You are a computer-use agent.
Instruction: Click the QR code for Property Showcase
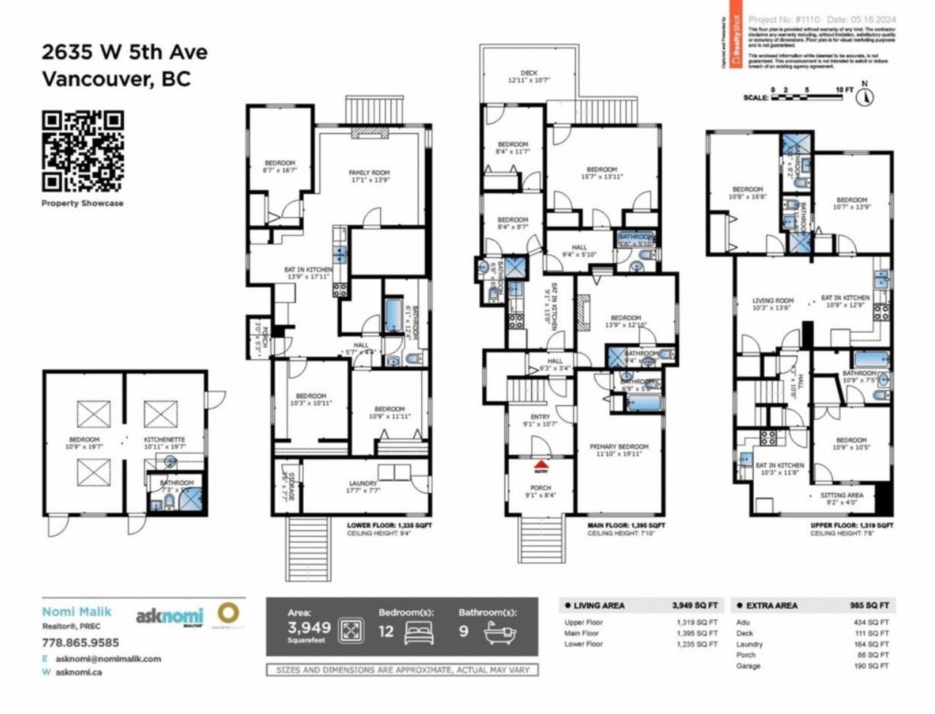coord(83,151)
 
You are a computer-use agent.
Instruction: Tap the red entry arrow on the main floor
coord(541,464)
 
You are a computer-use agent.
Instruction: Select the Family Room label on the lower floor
coord(370,173)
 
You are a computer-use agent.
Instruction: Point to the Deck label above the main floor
coord(529,73)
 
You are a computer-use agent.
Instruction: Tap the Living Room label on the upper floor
coord(773,300)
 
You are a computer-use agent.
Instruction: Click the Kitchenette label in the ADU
coord(164,440)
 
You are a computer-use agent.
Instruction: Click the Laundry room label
coord(362,483)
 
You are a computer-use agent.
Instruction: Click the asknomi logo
coord(169,616)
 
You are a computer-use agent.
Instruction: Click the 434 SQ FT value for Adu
coord(875,623)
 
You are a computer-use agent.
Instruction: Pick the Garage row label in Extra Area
coord(749,666)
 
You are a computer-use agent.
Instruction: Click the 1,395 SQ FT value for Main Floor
coord(697,634)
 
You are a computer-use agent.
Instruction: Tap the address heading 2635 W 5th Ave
coord(124,53)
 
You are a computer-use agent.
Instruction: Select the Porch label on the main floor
coord(541,488)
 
